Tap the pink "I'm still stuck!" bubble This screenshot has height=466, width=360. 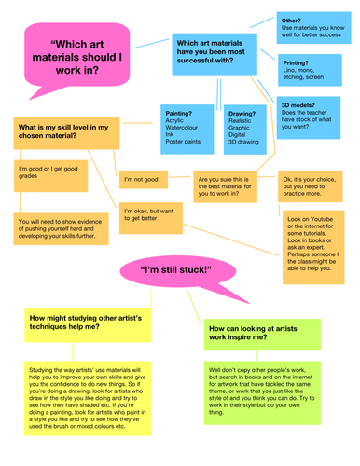click(175, 270)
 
